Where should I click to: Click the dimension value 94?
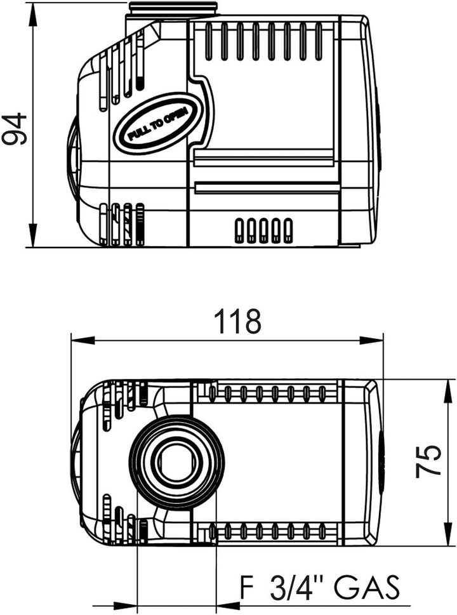click(15, 129)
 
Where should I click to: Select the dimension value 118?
click(237, 321)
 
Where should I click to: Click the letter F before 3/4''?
click(247, 587)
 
